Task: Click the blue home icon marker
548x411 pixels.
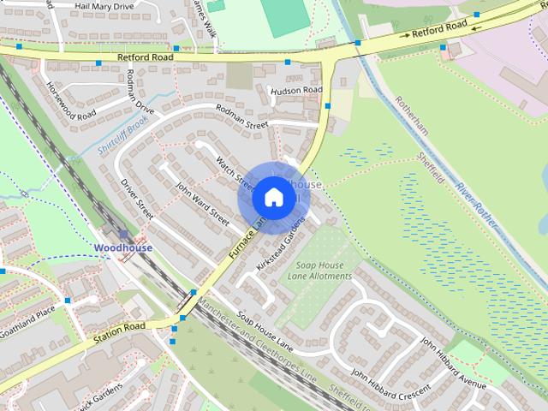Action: coord(273,197)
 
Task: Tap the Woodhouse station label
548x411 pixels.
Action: coord(123,248)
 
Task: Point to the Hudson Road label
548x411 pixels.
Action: coord(296,91)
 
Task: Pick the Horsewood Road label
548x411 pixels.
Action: coord(72,102)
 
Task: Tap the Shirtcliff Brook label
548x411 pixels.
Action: coord(123,137)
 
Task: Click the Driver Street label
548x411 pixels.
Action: coord(136,197)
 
